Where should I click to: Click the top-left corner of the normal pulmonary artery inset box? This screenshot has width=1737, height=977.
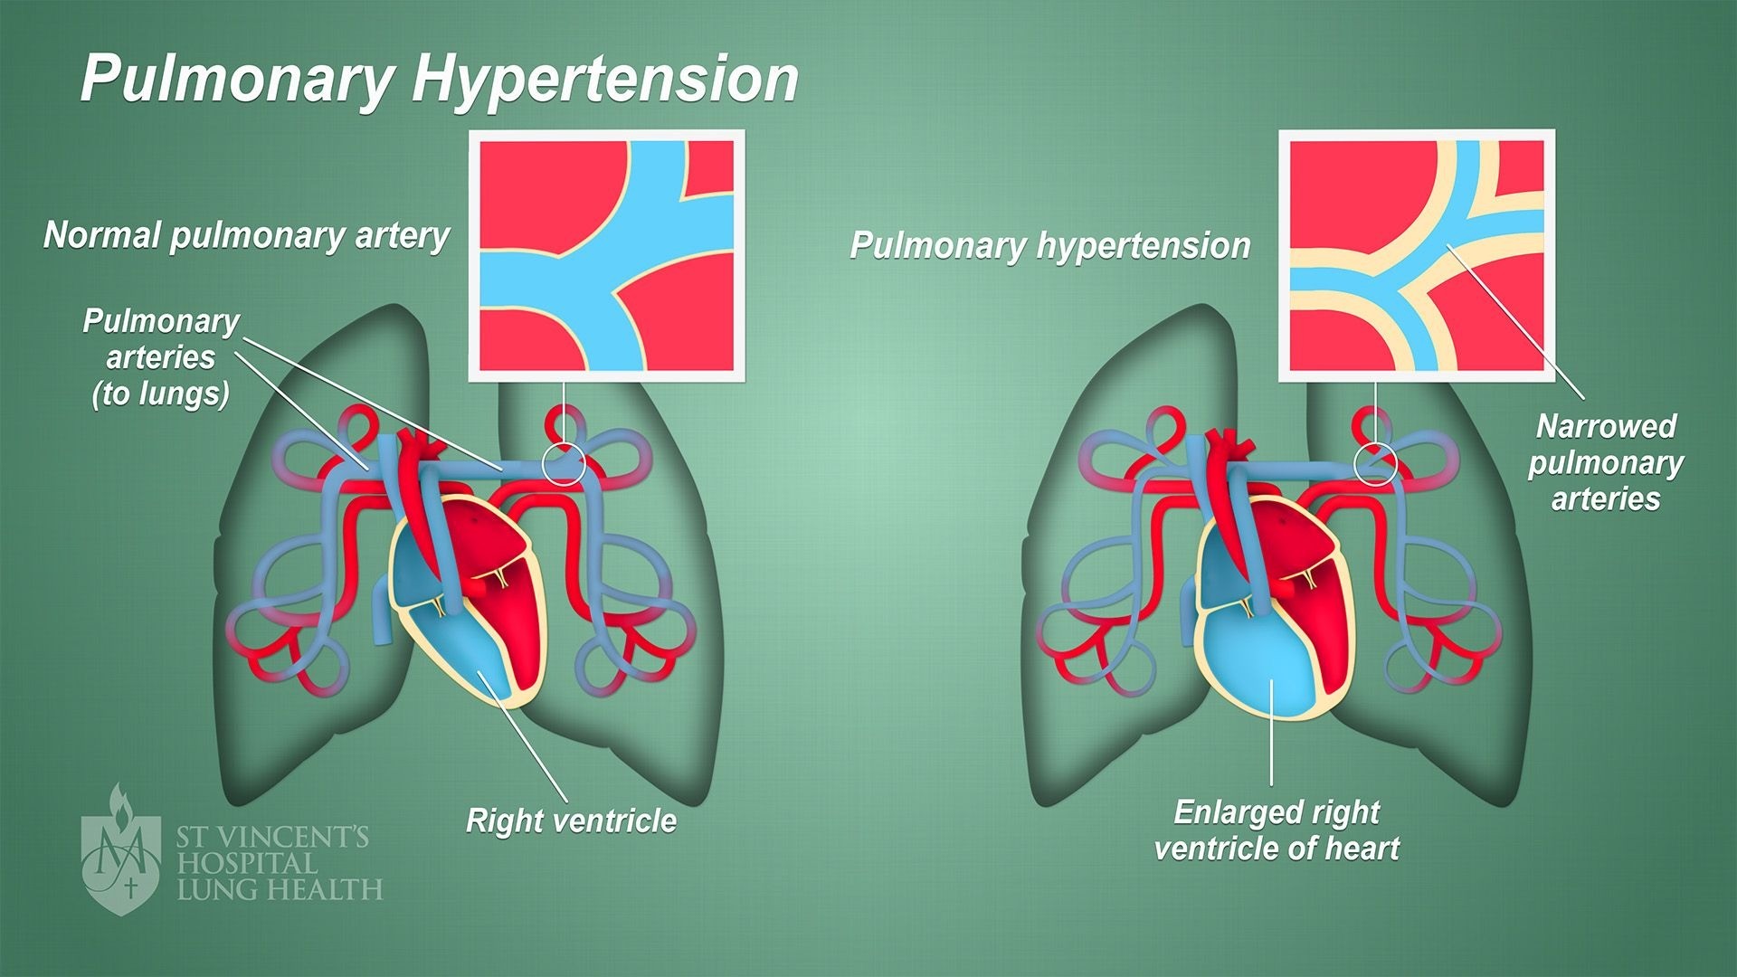click(x=469, y=130)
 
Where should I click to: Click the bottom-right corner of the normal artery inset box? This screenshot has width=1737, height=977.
click(x=745, y=381)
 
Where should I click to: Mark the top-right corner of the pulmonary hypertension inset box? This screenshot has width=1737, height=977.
click(x=1555, y=130)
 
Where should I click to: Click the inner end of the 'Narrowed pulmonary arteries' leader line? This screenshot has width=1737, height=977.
click(x=1447, y=245)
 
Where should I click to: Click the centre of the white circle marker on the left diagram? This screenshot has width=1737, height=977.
click(x=564, y=464)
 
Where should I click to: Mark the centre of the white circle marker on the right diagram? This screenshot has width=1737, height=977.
click(x=1375, y=464)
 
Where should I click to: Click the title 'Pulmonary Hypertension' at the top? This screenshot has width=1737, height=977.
click(x=440, y=80)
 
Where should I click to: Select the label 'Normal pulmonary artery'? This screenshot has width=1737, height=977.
click(x=246, y=235)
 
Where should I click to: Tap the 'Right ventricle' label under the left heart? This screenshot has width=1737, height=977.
click(x=571, y=820)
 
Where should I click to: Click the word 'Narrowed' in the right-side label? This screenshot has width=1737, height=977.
click(x=1606, y=426)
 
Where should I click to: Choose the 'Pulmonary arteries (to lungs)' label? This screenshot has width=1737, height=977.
click(x=161, y=357)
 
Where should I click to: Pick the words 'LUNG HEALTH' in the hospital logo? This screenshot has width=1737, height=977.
click(x=280, y=889)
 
